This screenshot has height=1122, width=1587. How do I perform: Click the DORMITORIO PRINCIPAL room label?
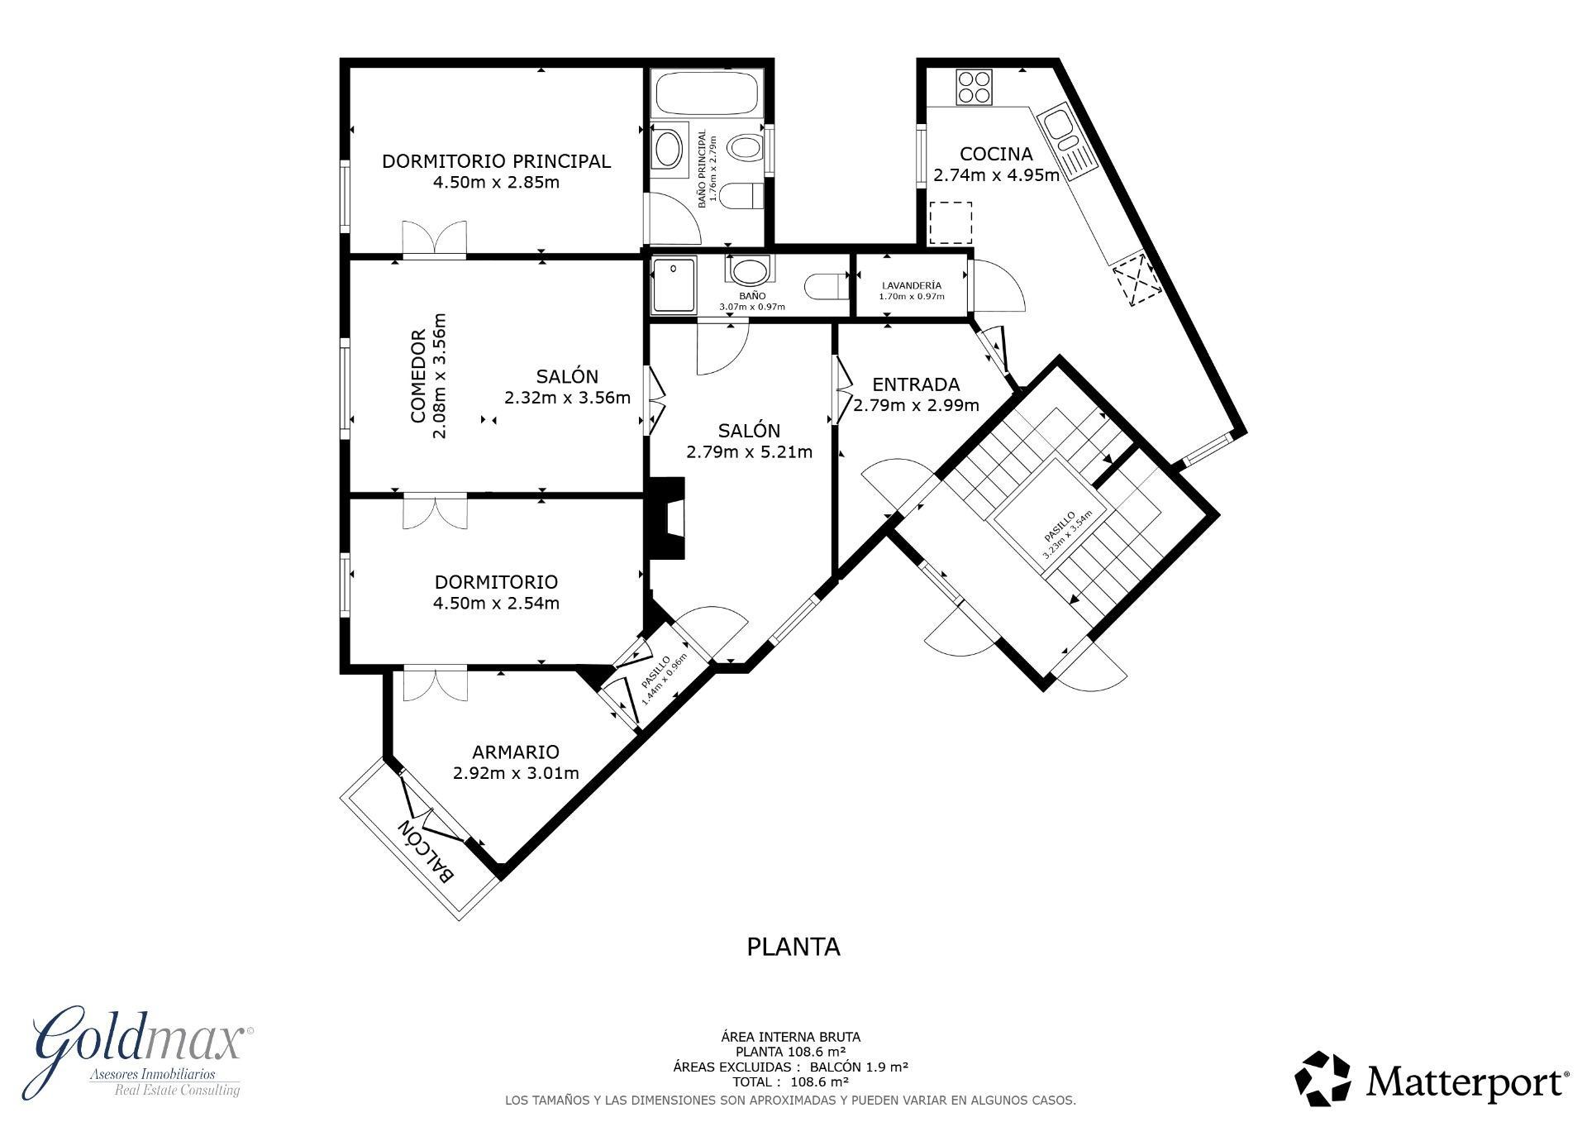496,161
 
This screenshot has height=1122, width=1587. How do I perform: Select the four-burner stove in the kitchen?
974,87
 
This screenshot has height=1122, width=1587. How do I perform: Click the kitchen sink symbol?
1059,127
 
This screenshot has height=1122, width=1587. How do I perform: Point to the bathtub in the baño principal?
705,93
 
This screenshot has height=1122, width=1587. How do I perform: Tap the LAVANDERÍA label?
911,285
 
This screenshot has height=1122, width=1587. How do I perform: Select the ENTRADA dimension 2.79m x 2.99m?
916,405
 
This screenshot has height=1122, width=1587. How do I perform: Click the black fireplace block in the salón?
665,518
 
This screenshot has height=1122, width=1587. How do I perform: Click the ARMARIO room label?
515,752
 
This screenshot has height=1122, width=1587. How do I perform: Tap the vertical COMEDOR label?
419,376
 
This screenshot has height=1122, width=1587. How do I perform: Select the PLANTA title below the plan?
793,947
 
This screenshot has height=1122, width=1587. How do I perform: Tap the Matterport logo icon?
1322,1078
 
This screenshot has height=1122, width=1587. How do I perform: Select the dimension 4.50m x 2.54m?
496,604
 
